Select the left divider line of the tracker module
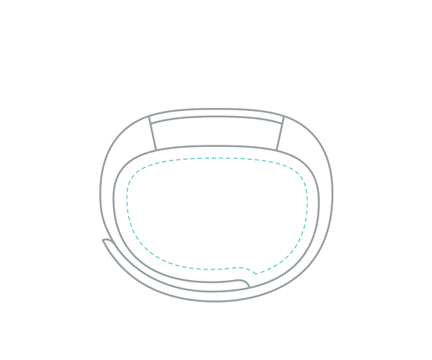pos(152,133)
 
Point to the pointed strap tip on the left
pos(104,240)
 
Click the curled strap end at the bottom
pos(247,284)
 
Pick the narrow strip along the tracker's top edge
pos(216,113)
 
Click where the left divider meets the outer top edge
pos(148,117)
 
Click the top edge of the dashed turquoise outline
pos(216,158)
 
